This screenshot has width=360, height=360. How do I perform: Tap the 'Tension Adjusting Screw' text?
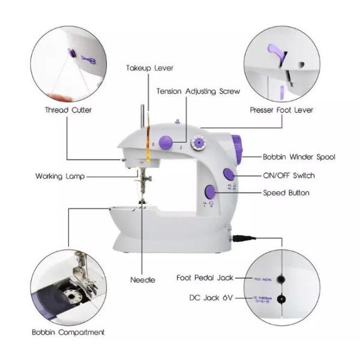198,92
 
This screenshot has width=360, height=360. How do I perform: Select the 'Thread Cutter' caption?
68,110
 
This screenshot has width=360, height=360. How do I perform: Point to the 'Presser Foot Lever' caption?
281,110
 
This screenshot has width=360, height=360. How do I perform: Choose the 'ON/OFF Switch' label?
288,176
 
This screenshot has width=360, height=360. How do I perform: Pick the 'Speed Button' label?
286,193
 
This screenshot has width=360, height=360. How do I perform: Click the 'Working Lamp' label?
60,176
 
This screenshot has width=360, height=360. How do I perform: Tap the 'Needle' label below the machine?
143,280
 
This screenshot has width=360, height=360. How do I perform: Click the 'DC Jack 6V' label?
211,298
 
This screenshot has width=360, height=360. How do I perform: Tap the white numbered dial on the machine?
197,143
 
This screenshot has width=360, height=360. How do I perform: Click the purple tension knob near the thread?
169,143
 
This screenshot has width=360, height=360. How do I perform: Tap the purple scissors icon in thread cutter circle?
88,59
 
